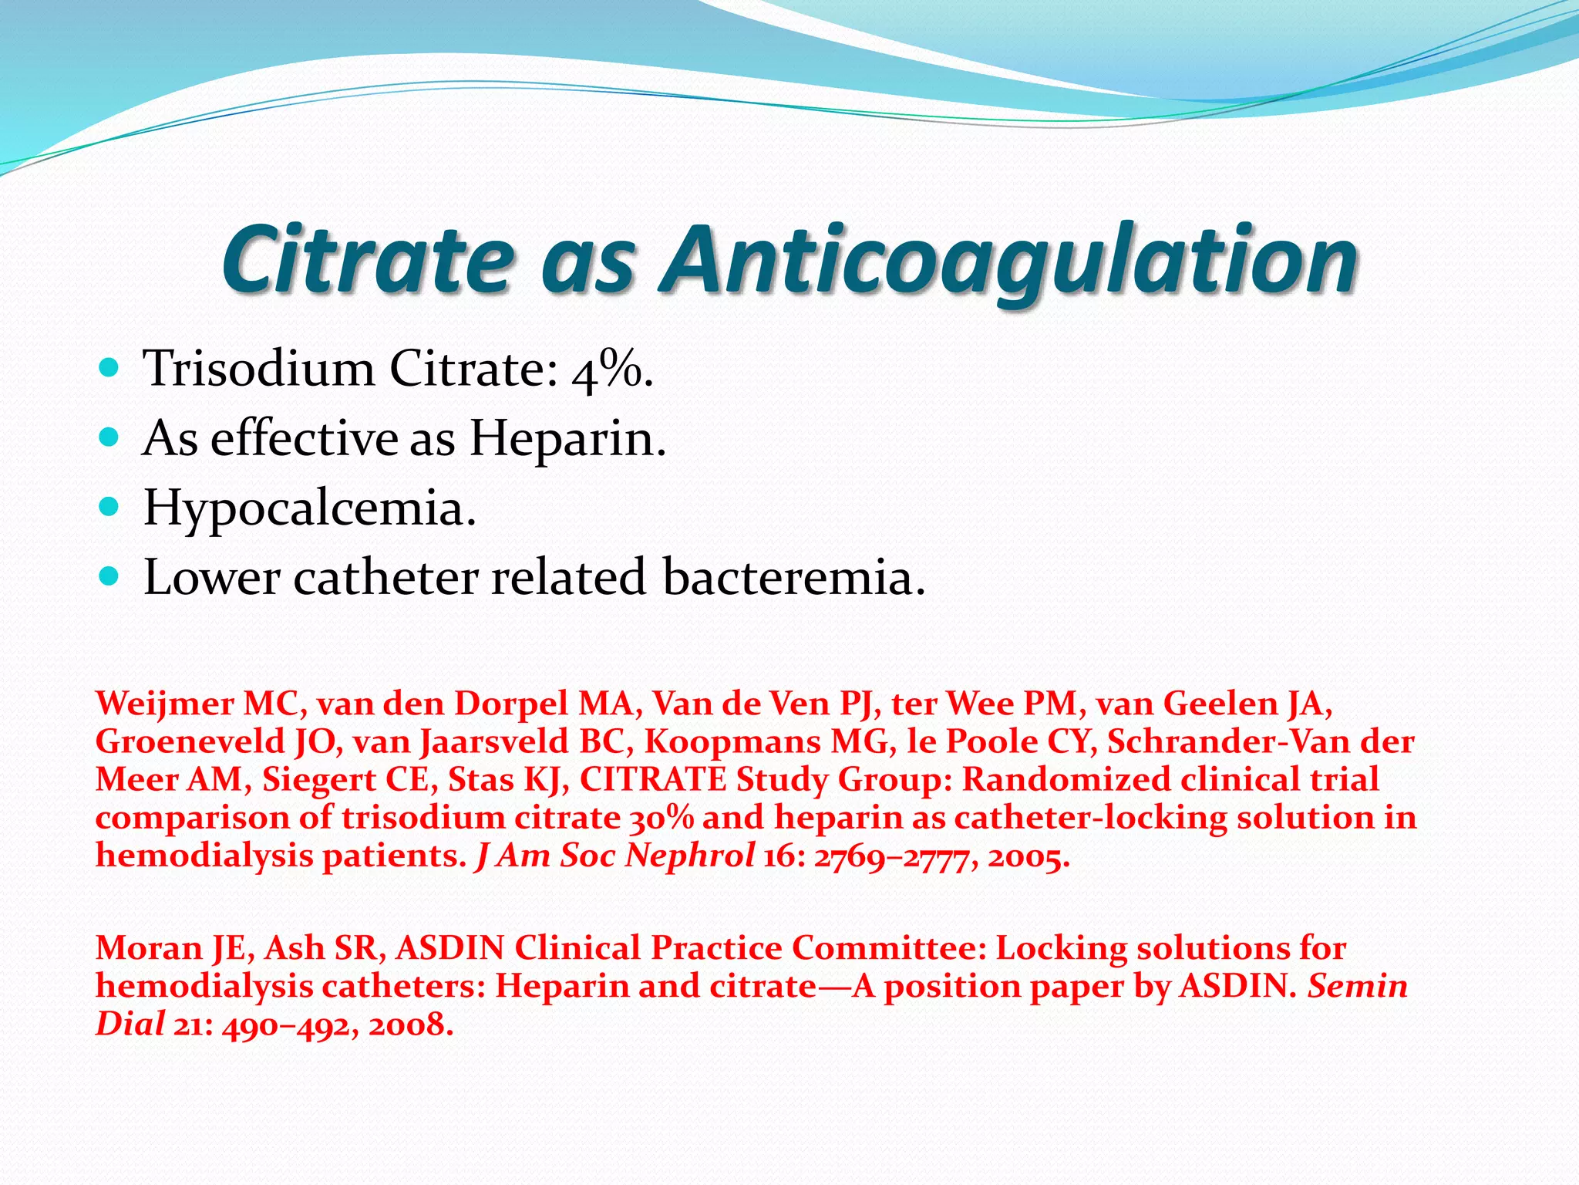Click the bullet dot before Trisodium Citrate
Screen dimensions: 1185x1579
pyautogui.click(x=109, y=368)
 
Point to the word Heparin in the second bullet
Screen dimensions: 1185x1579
pyautogui.click(x=567, y=438)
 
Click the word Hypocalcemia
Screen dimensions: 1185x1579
pyautogui.click(x=309, y=509)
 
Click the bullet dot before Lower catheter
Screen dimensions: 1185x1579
pyautogui.click(x=109, y=576)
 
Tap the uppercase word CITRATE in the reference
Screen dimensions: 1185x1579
pyautogui.click(x=652, y=779)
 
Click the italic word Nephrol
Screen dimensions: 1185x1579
pyautogui.click(x=690, y=856)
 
